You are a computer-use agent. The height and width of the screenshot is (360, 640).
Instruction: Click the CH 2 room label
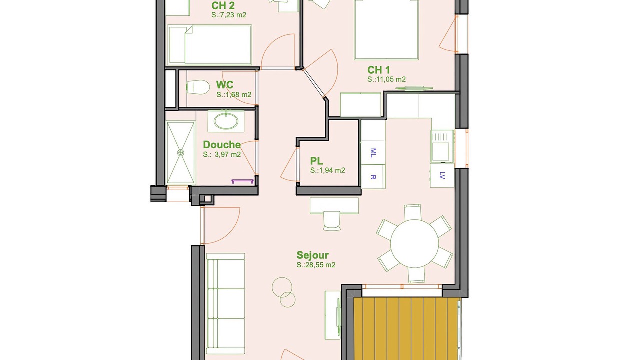coord(223,5)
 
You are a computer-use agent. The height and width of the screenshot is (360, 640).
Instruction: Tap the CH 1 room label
coord(378,70)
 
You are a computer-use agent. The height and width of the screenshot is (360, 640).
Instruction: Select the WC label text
coord(225,85)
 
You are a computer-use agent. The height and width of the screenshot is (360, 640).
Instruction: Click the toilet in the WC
coord(196,87)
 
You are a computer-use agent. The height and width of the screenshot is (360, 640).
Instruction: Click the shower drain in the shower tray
coord(181,153)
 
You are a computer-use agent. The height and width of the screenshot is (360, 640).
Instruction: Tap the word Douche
coord(222,145)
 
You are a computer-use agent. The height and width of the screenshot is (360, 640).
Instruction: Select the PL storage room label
coord(317,161)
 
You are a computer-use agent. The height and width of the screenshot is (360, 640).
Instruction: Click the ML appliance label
coord(373,153)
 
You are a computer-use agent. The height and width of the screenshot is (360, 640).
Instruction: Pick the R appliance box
coord(373,177)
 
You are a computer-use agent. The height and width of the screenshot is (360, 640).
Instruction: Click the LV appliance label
coord(442,175)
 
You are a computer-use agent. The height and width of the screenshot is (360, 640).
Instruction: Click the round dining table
coord(414,243)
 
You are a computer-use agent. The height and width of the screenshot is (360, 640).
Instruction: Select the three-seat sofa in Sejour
coord(226,304)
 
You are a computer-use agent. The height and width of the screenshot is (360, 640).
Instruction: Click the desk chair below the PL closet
coord(332,220)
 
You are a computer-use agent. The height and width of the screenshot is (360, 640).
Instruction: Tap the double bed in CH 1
coord(386,30)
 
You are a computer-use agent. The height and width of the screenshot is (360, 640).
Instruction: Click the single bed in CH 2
coord(209,45)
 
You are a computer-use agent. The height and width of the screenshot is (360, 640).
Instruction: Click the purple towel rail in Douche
coord(242,181)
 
